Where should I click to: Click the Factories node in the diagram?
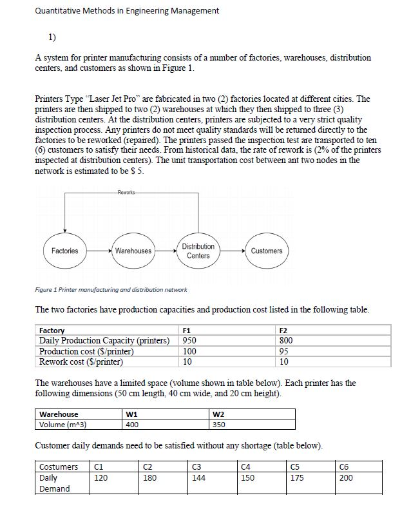click(65, 251)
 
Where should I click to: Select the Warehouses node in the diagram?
click(133, 251)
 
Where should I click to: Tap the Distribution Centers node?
click(198, 251)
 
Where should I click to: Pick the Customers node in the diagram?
click(266, 251)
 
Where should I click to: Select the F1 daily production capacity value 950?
click(190, 340)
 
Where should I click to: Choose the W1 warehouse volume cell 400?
click(133, 425)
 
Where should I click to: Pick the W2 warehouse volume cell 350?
click(220, 425)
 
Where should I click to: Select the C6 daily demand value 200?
click(347, 478)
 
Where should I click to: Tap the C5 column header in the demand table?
click(297, 466)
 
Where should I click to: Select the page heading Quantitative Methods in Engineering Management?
click(128, 10)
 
